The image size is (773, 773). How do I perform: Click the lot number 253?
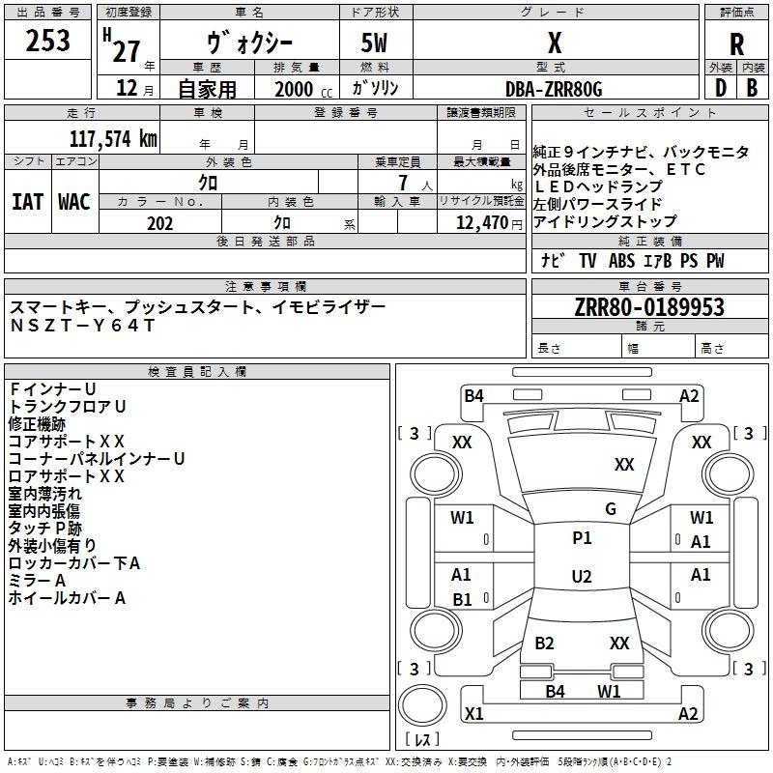(47, 41)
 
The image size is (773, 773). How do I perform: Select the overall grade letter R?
(736, 44)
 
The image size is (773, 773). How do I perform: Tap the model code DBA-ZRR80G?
(554, 89)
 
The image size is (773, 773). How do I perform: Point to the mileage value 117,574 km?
(113, 139)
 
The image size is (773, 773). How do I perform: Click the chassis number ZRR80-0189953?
(649, 307)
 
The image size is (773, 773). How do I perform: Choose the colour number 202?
(160, 223)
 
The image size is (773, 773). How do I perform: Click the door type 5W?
(374, 43)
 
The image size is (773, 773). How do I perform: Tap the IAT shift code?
(28, 202)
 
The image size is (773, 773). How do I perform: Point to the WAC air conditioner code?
(74, 202)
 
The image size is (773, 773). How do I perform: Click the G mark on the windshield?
(611, 509)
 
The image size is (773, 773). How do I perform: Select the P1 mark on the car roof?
(582, 538)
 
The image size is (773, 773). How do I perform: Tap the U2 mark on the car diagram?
(582, 576)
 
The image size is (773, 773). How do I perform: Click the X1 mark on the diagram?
(474, 713)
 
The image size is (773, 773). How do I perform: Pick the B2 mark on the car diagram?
(544, 644)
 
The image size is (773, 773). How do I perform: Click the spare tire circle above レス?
(422, 705)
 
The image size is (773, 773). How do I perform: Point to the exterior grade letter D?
(721, 88)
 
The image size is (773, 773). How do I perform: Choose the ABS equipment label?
(621, 261)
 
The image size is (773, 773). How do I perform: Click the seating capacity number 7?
(403, 183)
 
